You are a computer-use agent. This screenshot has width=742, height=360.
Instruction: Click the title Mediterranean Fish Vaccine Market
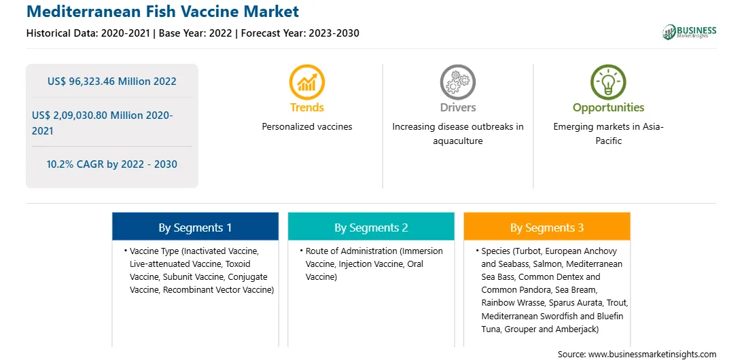[163, 12]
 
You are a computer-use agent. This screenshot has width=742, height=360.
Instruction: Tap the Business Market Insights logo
[689, 32]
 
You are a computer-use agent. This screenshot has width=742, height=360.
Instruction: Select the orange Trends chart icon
[306, 82]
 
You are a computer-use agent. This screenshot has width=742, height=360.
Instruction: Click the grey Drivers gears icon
[457, 82]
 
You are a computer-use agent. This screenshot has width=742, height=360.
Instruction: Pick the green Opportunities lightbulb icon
[608, 82]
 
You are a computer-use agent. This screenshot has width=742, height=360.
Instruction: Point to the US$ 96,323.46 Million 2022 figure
[111, 82]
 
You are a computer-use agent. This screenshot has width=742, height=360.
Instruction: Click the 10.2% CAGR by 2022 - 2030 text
[111, 164]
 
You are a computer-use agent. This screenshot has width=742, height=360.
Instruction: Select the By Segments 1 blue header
[195, 228]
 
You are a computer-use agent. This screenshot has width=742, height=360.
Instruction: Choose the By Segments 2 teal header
[371, 228]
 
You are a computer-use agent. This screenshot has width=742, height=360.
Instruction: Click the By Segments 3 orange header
[547, 228]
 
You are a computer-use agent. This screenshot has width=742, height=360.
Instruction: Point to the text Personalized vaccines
[307, 127]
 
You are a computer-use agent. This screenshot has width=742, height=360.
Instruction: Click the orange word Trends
[307, 107]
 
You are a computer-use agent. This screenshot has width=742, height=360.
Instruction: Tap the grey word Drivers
[457, 107]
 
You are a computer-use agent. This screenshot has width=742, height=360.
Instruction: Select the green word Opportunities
[609, 108]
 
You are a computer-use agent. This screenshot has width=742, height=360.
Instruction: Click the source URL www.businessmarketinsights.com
[652, 354]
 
